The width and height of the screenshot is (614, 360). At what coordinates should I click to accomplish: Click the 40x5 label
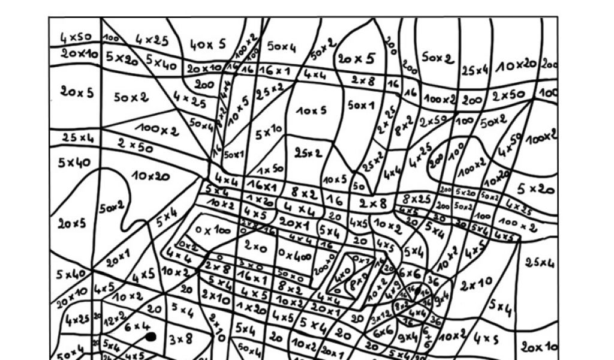click(x=208, y=44)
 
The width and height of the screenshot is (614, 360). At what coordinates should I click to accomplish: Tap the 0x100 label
click(x=213, y=230)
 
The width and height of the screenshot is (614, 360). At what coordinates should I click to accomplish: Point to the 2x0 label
click(x=255, y=245)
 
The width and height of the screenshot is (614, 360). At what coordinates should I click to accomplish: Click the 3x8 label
click(x=180, y=340)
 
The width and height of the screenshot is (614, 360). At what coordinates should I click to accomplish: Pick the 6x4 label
click(x=137, y=327)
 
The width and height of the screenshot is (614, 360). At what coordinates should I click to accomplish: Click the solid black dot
click(x=151, y=337)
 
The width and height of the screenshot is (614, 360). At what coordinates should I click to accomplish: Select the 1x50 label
click(x=270, y=169)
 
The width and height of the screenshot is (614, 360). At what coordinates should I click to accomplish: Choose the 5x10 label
click(x=269, y=131)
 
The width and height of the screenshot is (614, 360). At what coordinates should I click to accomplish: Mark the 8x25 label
click(x=416, y=199)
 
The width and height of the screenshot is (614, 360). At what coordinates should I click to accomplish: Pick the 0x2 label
click(x=188, y=246)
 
